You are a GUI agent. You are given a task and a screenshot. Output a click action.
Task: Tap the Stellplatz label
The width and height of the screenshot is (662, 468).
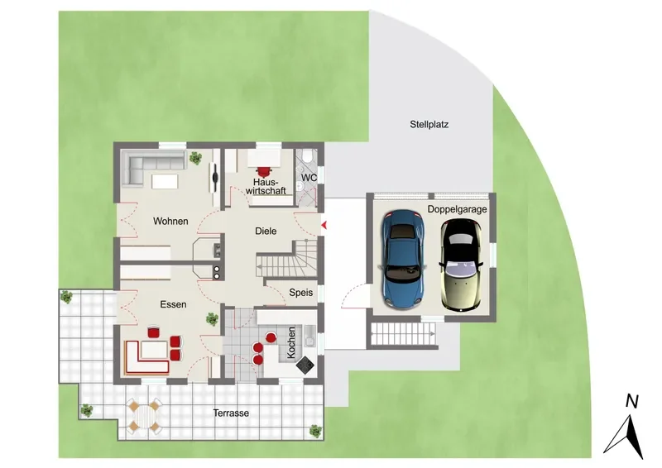(x=429, y=125)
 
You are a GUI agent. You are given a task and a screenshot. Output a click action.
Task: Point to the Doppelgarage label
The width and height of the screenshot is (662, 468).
(x=458, y=209)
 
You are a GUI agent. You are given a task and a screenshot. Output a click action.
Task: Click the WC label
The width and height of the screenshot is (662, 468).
(x=309, y=178)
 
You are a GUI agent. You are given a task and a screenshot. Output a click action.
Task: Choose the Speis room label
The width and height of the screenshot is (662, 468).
(x=301, y=292)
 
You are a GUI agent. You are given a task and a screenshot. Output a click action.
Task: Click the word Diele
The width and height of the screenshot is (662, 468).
(x=266, y=231)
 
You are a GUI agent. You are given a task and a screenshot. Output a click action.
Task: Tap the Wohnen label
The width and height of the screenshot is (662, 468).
(x=170, y=221)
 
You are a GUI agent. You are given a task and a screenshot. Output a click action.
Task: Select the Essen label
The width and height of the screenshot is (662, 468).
(x=173, y=304)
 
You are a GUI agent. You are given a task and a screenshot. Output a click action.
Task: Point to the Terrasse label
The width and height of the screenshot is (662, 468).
(x=231, y=413)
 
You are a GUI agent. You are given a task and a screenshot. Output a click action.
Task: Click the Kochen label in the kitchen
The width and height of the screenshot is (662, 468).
(x=291, y=342)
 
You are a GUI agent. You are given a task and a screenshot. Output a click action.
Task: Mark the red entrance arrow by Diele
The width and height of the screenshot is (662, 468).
(x=324, y=226)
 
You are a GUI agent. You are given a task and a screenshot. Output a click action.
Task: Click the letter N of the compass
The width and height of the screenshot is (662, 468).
(x=631, y=402)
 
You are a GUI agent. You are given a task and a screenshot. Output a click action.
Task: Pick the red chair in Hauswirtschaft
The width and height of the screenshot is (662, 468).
(x=265, y=171)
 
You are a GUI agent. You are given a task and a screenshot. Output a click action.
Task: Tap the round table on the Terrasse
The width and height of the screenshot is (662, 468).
(x=144, y=416)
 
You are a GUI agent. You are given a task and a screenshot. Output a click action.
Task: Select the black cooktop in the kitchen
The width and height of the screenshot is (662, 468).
(x=305, y=365)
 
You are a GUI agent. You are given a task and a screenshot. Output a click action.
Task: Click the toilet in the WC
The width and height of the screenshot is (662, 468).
(x=308, y=156)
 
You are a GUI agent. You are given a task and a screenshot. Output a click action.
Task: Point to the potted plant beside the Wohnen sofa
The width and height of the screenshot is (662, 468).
(x=195, y=158)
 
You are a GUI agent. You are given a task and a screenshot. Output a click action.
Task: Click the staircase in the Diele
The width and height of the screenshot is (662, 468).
(x=287, y=260)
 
